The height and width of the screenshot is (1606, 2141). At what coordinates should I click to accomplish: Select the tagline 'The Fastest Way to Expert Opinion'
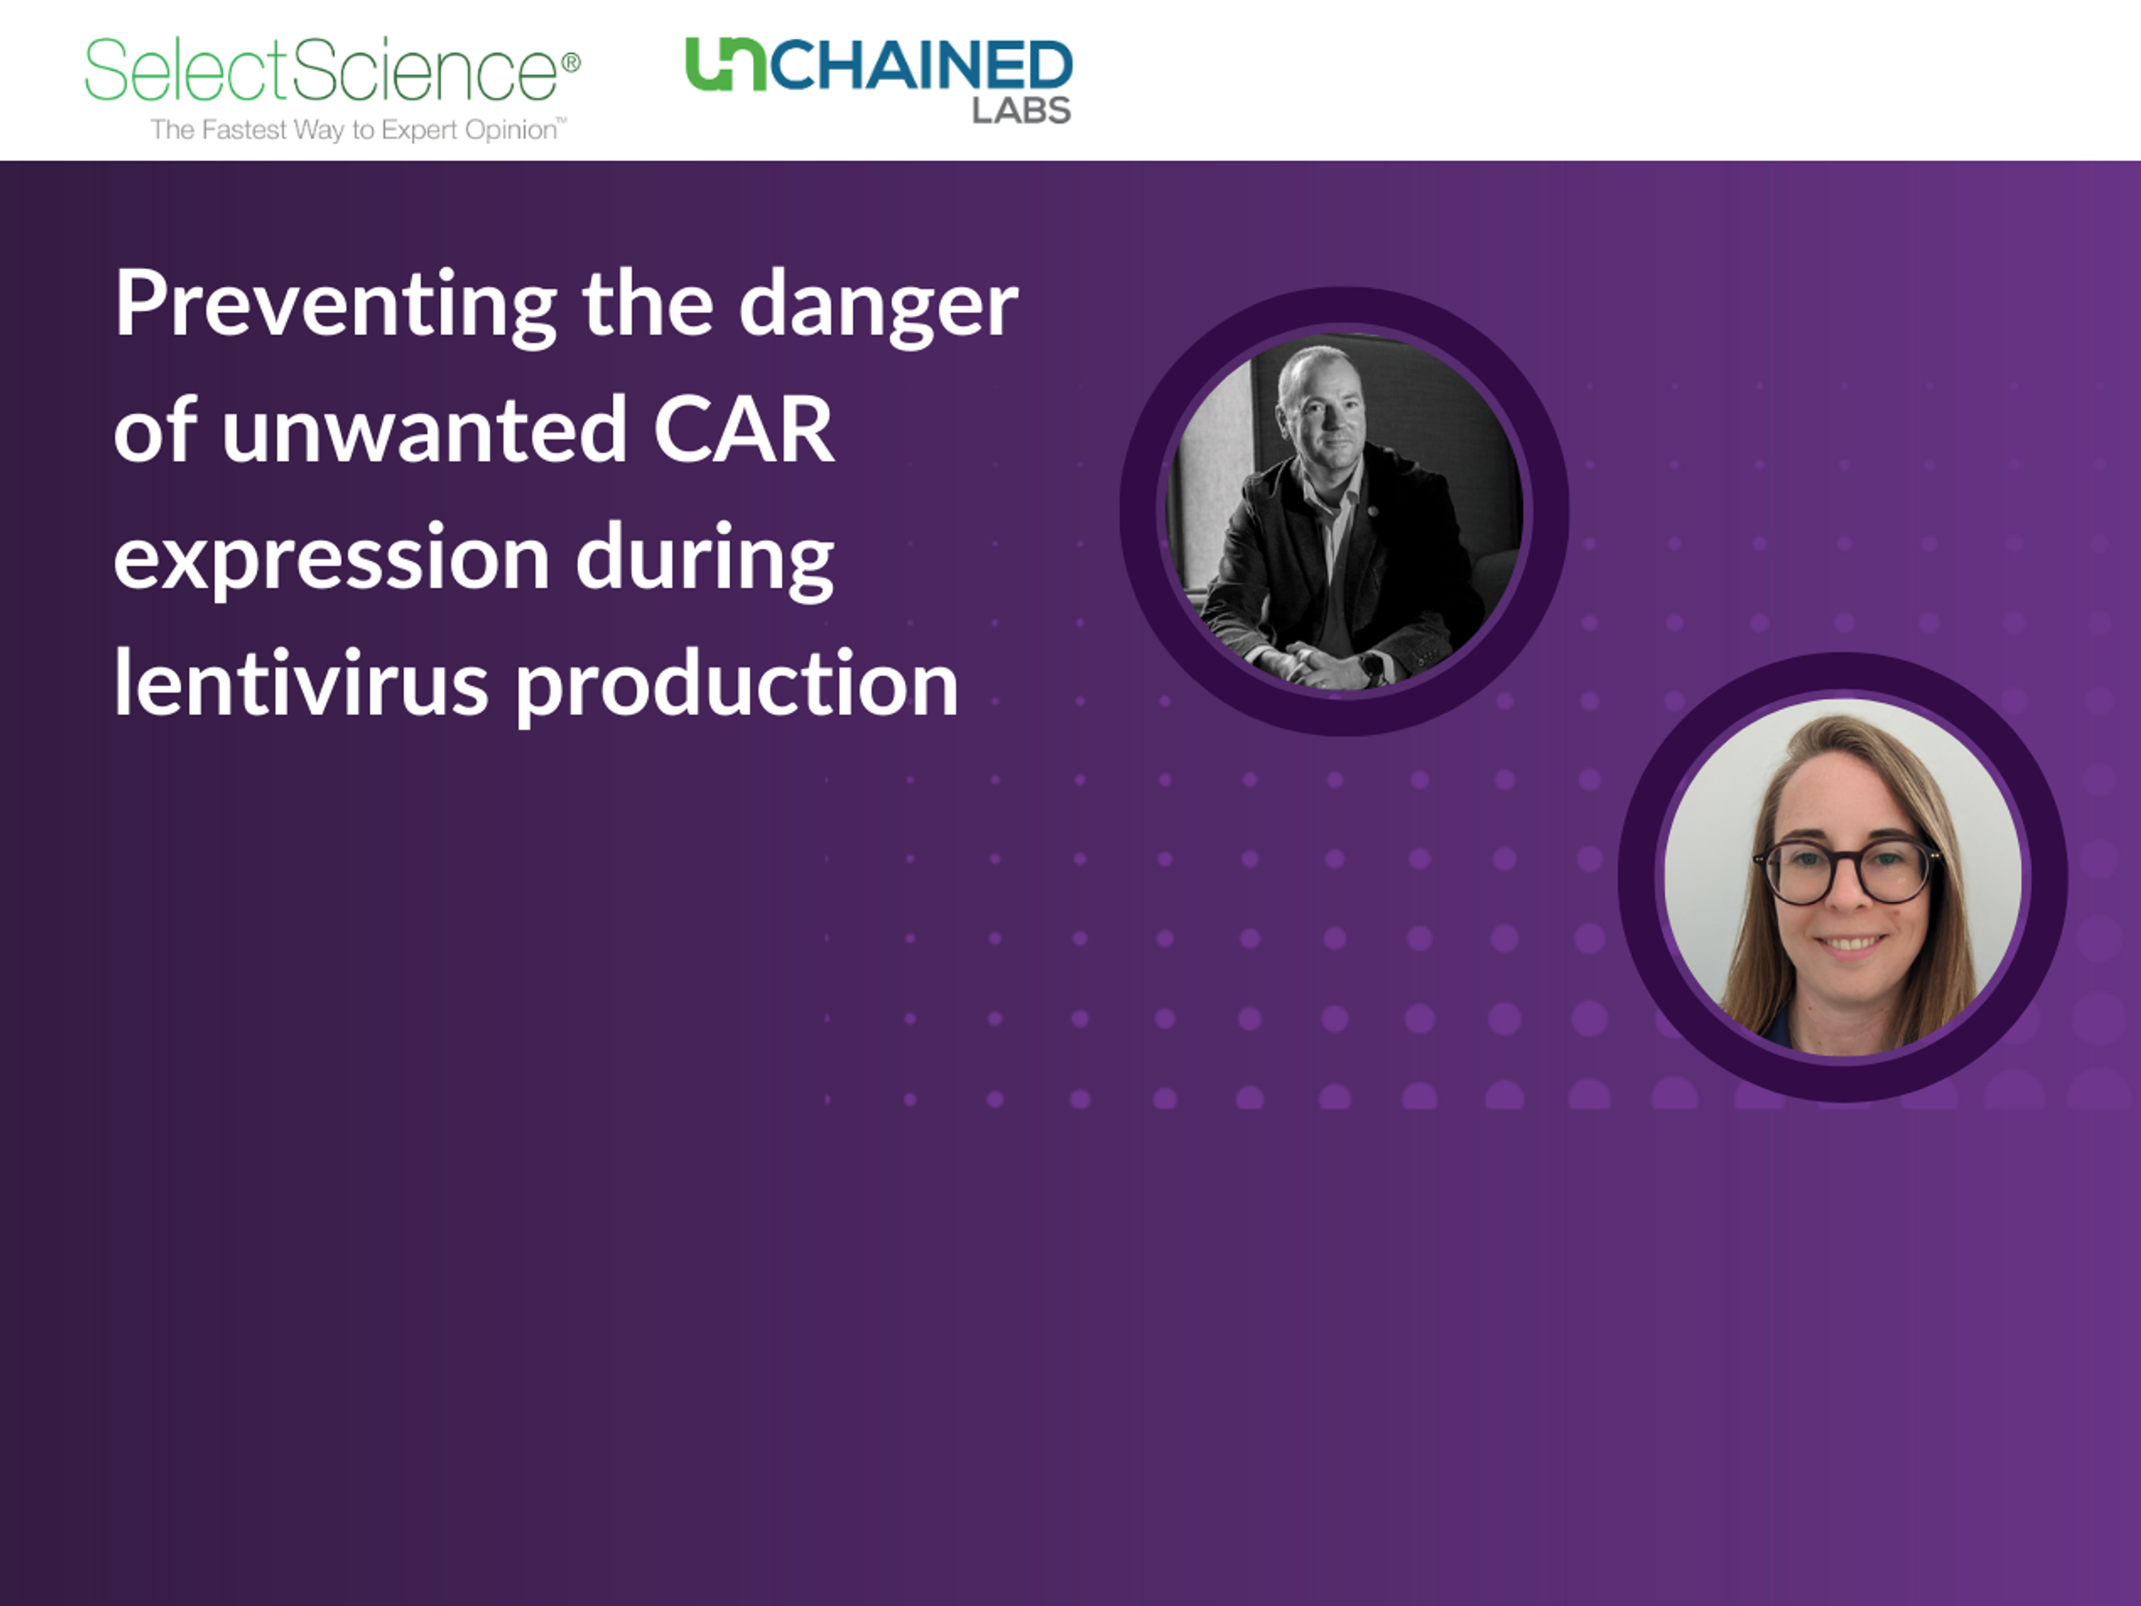358,130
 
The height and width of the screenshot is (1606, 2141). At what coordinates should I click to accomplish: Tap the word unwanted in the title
424,430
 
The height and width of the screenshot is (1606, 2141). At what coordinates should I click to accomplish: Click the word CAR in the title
743,430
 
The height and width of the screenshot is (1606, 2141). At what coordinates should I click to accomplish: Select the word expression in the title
331,559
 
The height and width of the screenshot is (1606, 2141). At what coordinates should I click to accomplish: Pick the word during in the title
705,559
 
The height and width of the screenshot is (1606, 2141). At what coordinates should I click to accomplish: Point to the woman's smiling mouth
1849,942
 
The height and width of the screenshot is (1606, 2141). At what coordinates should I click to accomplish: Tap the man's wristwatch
1373,665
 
